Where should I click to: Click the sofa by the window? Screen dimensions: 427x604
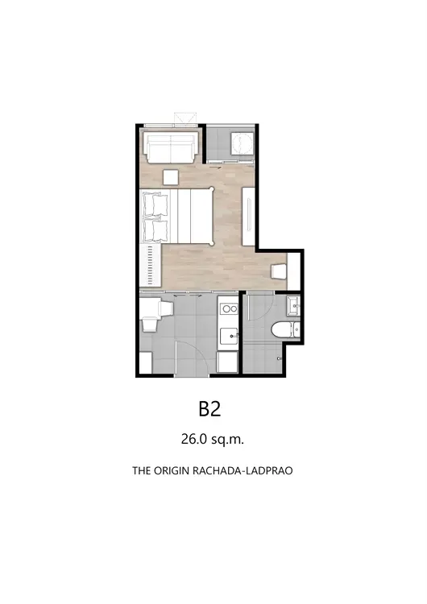172,148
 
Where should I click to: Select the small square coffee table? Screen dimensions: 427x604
171,178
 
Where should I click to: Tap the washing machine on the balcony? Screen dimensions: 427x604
242,143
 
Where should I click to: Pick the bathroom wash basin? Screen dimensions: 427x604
293,306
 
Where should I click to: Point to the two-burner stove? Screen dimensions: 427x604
229,308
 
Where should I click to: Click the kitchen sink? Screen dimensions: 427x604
229,337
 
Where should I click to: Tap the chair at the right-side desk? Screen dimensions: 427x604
278,271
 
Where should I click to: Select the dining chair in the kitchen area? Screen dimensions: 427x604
150,324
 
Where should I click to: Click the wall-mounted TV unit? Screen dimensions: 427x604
248,216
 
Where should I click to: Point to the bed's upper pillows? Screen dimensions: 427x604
155,205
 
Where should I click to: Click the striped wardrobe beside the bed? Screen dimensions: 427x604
151,265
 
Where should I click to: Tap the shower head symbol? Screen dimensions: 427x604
280,358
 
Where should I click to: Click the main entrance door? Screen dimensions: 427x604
193,358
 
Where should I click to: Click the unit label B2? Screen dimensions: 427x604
209,409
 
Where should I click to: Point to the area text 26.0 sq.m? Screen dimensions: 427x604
213,439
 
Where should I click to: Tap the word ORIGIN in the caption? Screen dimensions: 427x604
169,470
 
